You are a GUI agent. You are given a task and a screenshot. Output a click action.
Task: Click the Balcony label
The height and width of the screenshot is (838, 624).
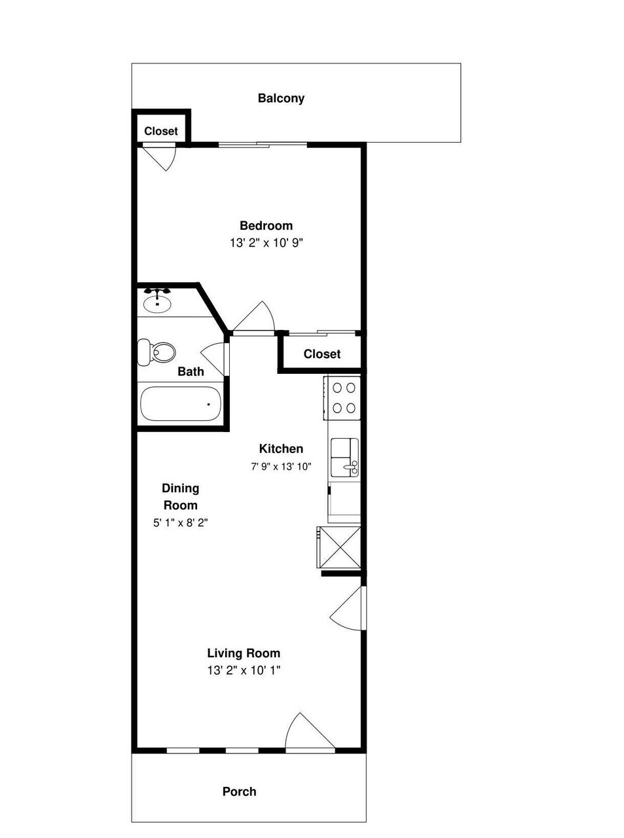pyautogui.click(x=281, y=98)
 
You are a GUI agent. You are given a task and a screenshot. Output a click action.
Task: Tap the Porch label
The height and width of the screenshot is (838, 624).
pyautogui.click(x=239, y=792)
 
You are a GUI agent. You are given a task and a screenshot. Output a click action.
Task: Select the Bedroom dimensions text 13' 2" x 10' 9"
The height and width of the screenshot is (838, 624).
pyautogui.click(x=266, y=242)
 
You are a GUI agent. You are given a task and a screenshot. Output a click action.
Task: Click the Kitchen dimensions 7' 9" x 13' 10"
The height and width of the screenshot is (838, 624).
pyautogui.click(x=281, y=467)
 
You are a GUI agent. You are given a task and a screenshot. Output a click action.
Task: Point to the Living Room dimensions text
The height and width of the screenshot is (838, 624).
pyautogui.click(x=244, y=670)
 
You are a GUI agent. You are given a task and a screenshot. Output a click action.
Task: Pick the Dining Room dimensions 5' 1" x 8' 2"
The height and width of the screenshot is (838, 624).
pyautogui.click(x=181, y=523)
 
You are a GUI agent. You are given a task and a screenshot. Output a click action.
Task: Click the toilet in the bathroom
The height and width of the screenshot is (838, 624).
pyautogui.click(x=156, y=352)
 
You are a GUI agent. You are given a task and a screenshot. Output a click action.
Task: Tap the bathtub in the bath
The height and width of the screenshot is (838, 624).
pyautogui.click(x=180, y=404)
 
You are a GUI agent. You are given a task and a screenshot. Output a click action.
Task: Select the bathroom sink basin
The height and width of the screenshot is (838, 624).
pyautogui.click(x=157, y=302)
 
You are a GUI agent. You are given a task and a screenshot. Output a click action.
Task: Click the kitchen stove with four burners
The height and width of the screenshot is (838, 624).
pyautogui.click(x=342, y=398)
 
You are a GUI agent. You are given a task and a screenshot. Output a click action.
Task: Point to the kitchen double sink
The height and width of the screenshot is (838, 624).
pyautogui.click(x=344, y=458)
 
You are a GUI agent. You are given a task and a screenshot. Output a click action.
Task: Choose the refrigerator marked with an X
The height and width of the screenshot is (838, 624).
pyautogui.click(x=339, y=547)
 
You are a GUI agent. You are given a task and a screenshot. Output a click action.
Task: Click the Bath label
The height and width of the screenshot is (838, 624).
pyautogui.click(x=191, y=372)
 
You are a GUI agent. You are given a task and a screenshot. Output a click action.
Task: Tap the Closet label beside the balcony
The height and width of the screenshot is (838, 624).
pyautogui.click(x=161, y=131)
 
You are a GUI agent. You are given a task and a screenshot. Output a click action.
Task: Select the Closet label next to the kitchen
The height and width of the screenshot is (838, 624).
pyautogui.click(x=322, y=354)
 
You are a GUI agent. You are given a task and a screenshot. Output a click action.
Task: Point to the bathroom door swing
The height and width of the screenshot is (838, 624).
pyautogui.click(x=213, y=359)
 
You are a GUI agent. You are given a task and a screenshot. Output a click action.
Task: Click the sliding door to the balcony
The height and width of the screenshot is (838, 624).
pyautogui.click(x=263, y=144)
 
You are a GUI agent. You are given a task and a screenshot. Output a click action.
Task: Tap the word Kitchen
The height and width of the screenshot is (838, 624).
pyautogui.click(x=281, y=449)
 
